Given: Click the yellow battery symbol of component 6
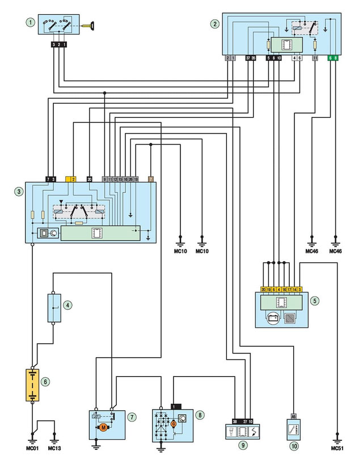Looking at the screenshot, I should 32,385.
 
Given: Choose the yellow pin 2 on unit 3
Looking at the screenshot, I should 73,179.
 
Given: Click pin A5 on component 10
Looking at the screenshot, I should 293,415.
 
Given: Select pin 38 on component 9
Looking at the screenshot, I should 234,421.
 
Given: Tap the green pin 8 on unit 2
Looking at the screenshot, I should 336,58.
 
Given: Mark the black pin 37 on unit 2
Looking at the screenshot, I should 247,58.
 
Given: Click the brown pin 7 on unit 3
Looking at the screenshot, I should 150,179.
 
